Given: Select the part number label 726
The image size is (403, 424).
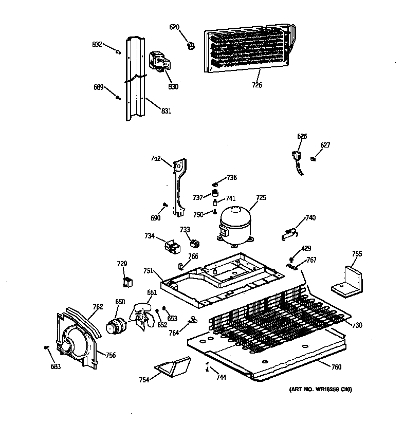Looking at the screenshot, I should (257, 85).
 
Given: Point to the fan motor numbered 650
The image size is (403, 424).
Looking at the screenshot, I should (117, 325).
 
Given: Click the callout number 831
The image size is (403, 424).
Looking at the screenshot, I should (166, 110).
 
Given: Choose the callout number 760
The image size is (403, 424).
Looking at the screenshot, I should (336, 366).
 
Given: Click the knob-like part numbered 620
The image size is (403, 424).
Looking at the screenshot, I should (191, 45).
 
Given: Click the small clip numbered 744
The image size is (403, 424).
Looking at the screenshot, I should (208, 366).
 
